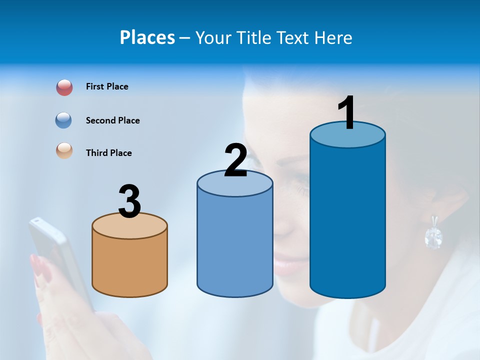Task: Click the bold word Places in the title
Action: (147, 37)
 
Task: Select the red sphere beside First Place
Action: (64, 87)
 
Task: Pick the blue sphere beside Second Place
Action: (64, 120)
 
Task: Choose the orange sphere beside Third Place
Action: (64, 150)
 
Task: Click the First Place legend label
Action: (107, 86)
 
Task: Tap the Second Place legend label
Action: (112, 120)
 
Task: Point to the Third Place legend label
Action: (108, 153)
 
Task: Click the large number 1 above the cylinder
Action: (347, 113)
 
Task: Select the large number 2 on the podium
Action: (236, 160)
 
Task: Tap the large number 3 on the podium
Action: (130, 202)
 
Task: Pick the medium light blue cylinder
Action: (235, 245)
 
